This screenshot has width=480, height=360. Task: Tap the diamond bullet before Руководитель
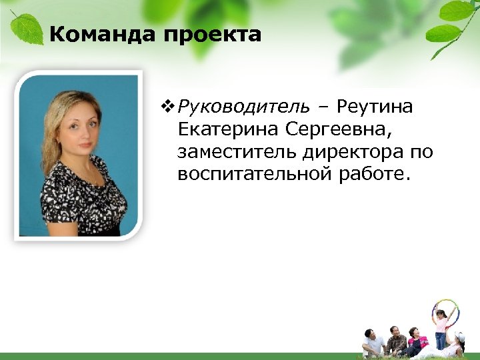(x=166, y=106)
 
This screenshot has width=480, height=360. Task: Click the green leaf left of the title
(x=27, y=30)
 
